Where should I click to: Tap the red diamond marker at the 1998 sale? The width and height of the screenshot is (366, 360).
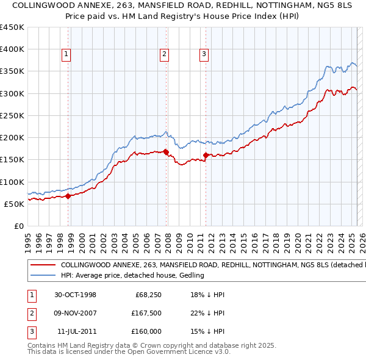[x=68, y=196]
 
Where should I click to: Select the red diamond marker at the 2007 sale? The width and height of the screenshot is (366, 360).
[x=166, y=152]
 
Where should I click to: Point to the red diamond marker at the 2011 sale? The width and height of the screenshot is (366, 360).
[x=206, y=155]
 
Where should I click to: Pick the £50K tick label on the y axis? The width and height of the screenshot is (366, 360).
[x=15, y=204]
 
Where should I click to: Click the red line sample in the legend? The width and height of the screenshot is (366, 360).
[x=43, y=265]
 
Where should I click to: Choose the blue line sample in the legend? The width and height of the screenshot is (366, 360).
[x=43, y=276]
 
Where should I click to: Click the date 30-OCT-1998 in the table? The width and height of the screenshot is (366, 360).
[x=75, y=295]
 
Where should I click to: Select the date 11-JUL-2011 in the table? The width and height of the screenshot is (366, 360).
[x=76, y=331]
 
